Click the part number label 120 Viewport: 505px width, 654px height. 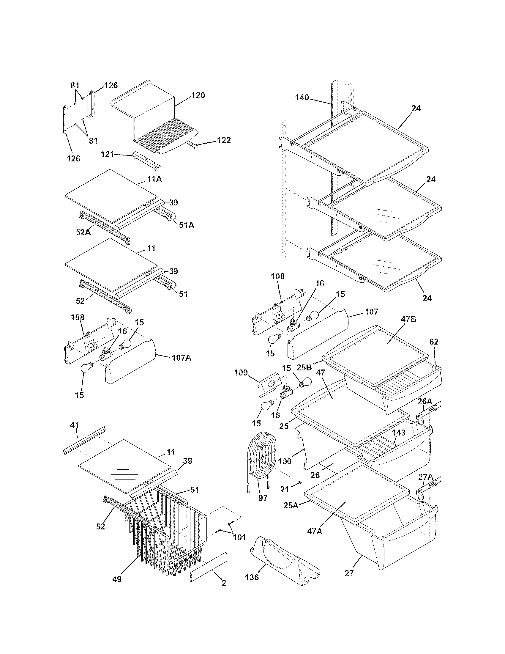tap(198, 95)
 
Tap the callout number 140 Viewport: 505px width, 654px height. tap(302, 97)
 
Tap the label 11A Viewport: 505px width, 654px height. tap(154, 179)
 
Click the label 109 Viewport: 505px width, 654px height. tap(241, 372)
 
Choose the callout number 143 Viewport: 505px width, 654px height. tap(398, 433)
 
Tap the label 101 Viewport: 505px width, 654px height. tap(239, 537)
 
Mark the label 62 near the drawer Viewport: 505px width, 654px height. tap(434, 342)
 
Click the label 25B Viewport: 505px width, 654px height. tap(304, 367)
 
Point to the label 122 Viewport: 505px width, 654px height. tap(224, 140)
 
